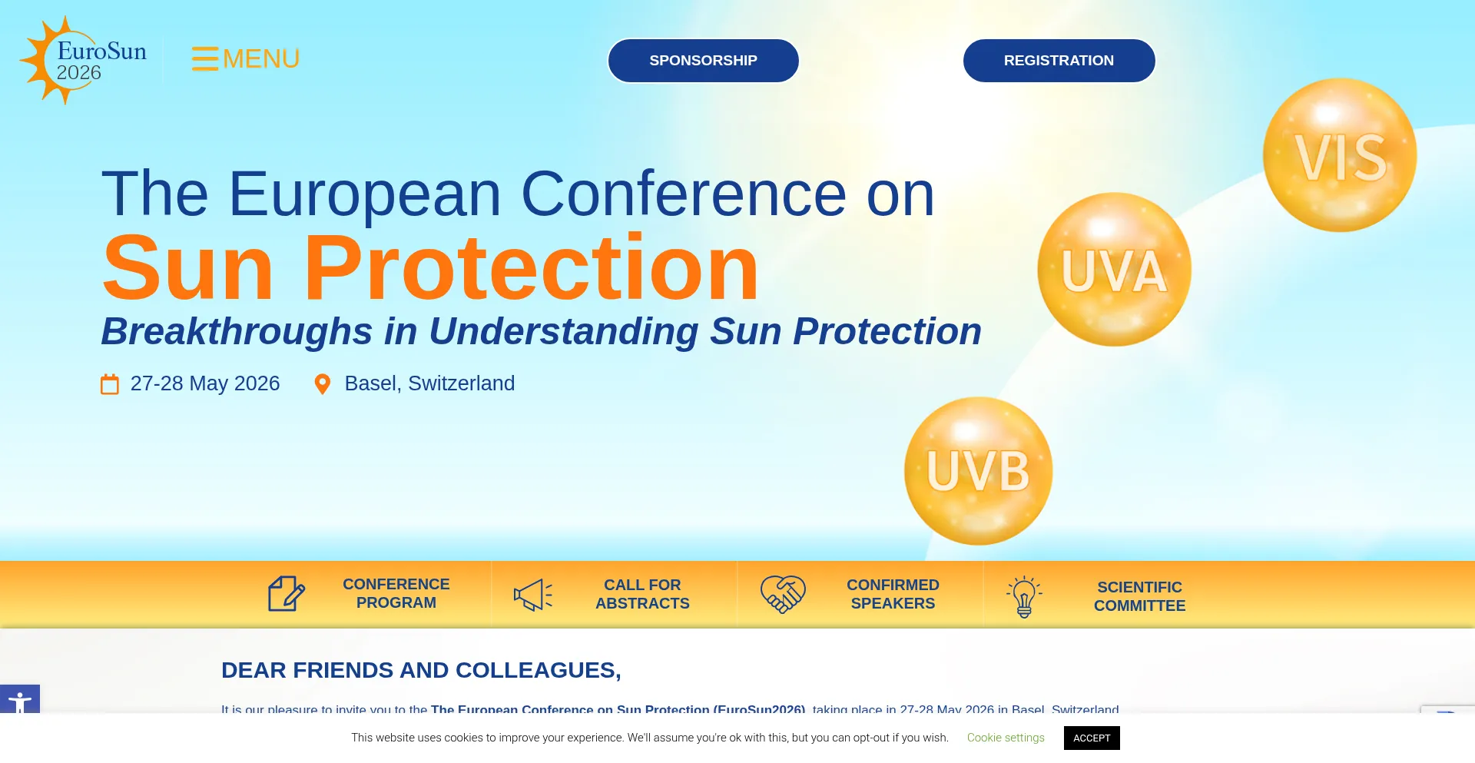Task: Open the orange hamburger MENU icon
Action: (205, 58)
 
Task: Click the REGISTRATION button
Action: (1059, 61)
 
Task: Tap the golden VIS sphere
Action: (1340, 155)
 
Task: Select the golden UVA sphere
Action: (1114, 270)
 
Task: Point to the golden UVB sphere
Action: (978, 471)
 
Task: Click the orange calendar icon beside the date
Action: (110, 384)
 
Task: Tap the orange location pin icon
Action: (323, 384)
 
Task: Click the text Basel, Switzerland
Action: (429, 383)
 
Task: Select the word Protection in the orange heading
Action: (531, 269)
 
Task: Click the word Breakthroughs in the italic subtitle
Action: (237, 332)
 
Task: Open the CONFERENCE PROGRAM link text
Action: (396, 594)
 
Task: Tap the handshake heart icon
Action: (782, 595)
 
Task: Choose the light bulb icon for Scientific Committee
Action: (1024, 596)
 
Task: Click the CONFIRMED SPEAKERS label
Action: (893, 595)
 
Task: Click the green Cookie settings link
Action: (1005, 738)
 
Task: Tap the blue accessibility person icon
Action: (20, 702)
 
